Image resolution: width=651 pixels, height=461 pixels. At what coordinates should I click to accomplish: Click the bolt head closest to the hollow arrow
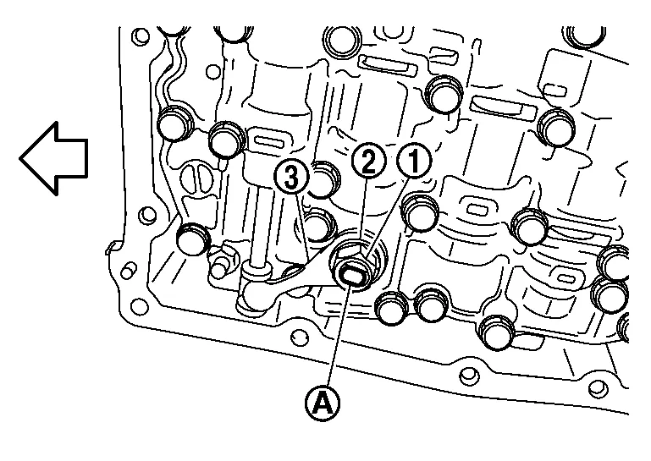pyautogui.click(x=174, y=124)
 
